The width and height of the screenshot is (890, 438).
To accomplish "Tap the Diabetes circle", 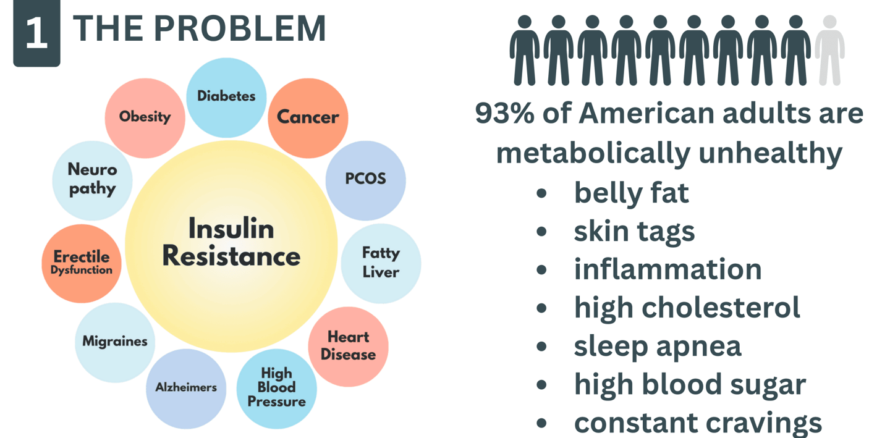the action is coord(226,96).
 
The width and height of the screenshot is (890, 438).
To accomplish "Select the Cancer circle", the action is coord(308,117).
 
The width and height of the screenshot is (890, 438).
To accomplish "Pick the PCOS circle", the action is coord(365,179).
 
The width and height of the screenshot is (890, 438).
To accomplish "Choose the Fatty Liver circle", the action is coord(381,263).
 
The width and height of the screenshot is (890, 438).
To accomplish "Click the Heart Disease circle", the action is coord(348,346).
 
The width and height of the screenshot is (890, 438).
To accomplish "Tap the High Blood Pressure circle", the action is coord(276,388).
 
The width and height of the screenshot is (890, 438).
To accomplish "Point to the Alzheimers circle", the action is coord(186,388).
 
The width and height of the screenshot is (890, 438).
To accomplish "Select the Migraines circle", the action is coord(115,342).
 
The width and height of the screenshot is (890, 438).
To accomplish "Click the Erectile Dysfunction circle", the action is coord(82,263).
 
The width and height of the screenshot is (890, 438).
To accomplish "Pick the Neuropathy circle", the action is coord(92,179).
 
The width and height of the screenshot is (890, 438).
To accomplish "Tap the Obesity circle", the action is coord(145,117).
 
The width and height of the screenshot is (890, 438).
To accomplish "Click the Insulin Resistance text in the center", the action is coord(231,243).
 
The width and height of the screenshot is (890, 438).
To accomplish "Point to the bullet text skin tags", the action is coord(634,232).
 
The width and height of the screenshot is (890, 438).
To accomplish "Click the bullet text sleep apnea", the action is coord(658,346).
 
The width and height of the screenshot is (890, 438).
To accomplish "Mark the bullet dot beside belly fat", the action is coord(542,193).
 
